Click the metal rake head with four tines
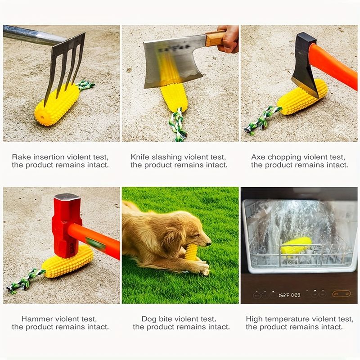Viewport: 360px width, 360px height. [65, 63]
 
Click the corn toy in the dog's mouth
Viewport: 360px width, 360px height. [191, 252]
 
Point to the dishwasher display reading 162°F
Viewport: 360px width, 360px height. [288, 295]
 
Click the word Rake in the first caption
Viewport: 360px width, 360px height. [21, 157]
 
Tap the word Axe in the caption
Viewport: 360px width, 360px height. [258, 157]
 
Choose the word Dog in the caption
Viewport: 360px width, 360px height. [149, 319]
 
